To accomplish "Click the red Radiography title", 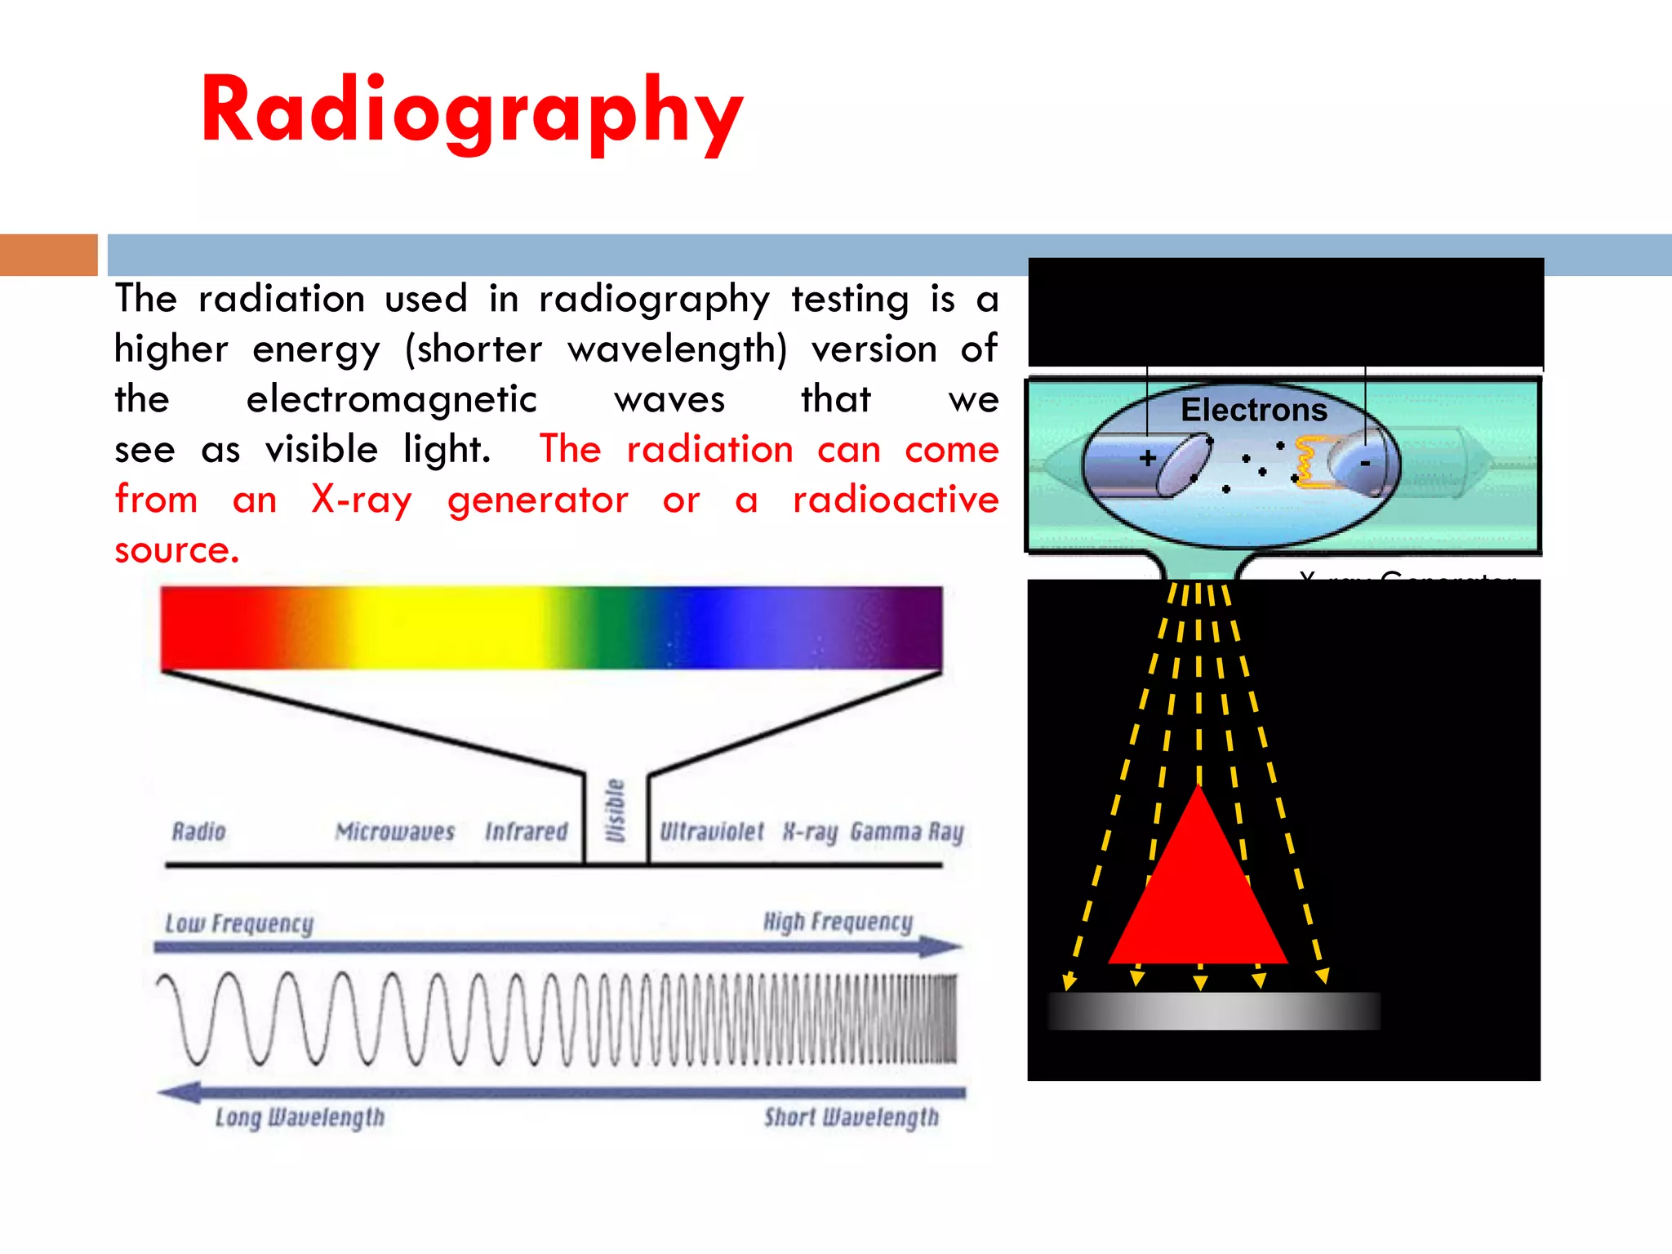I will point(472,110).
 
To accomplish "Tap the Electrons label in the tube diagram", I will point(1253,410).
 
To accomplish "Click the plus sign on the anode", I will point(1148,458).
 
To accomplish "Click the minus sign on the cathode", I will point(1364,464).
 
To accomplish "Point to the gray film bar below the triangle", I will point(1213,1011).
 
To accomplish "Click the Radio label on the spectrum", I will point(198,831).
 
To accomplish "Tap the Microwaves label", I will point(394,831).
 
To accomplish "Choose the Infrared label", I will point(526,831).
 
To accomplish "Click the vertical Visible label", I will point(616,810).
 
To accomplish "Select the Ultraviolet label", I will point(711,831).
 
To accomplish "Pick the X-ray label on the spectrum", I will point(810,832).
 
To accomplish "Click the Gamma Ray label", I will point(906,832).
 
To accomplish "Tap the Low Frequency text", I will point(239,923).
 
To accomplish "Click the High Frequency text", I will point(838,922).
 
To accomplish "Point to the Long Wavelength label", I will point(300,1117).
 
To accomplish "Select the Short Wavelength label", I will point(851,1117).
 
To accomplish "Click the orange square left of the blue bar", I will point(48,255).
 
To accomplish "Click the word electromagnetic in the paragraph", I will point(391,399).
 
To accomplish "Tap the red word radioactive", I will point(895,500).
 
